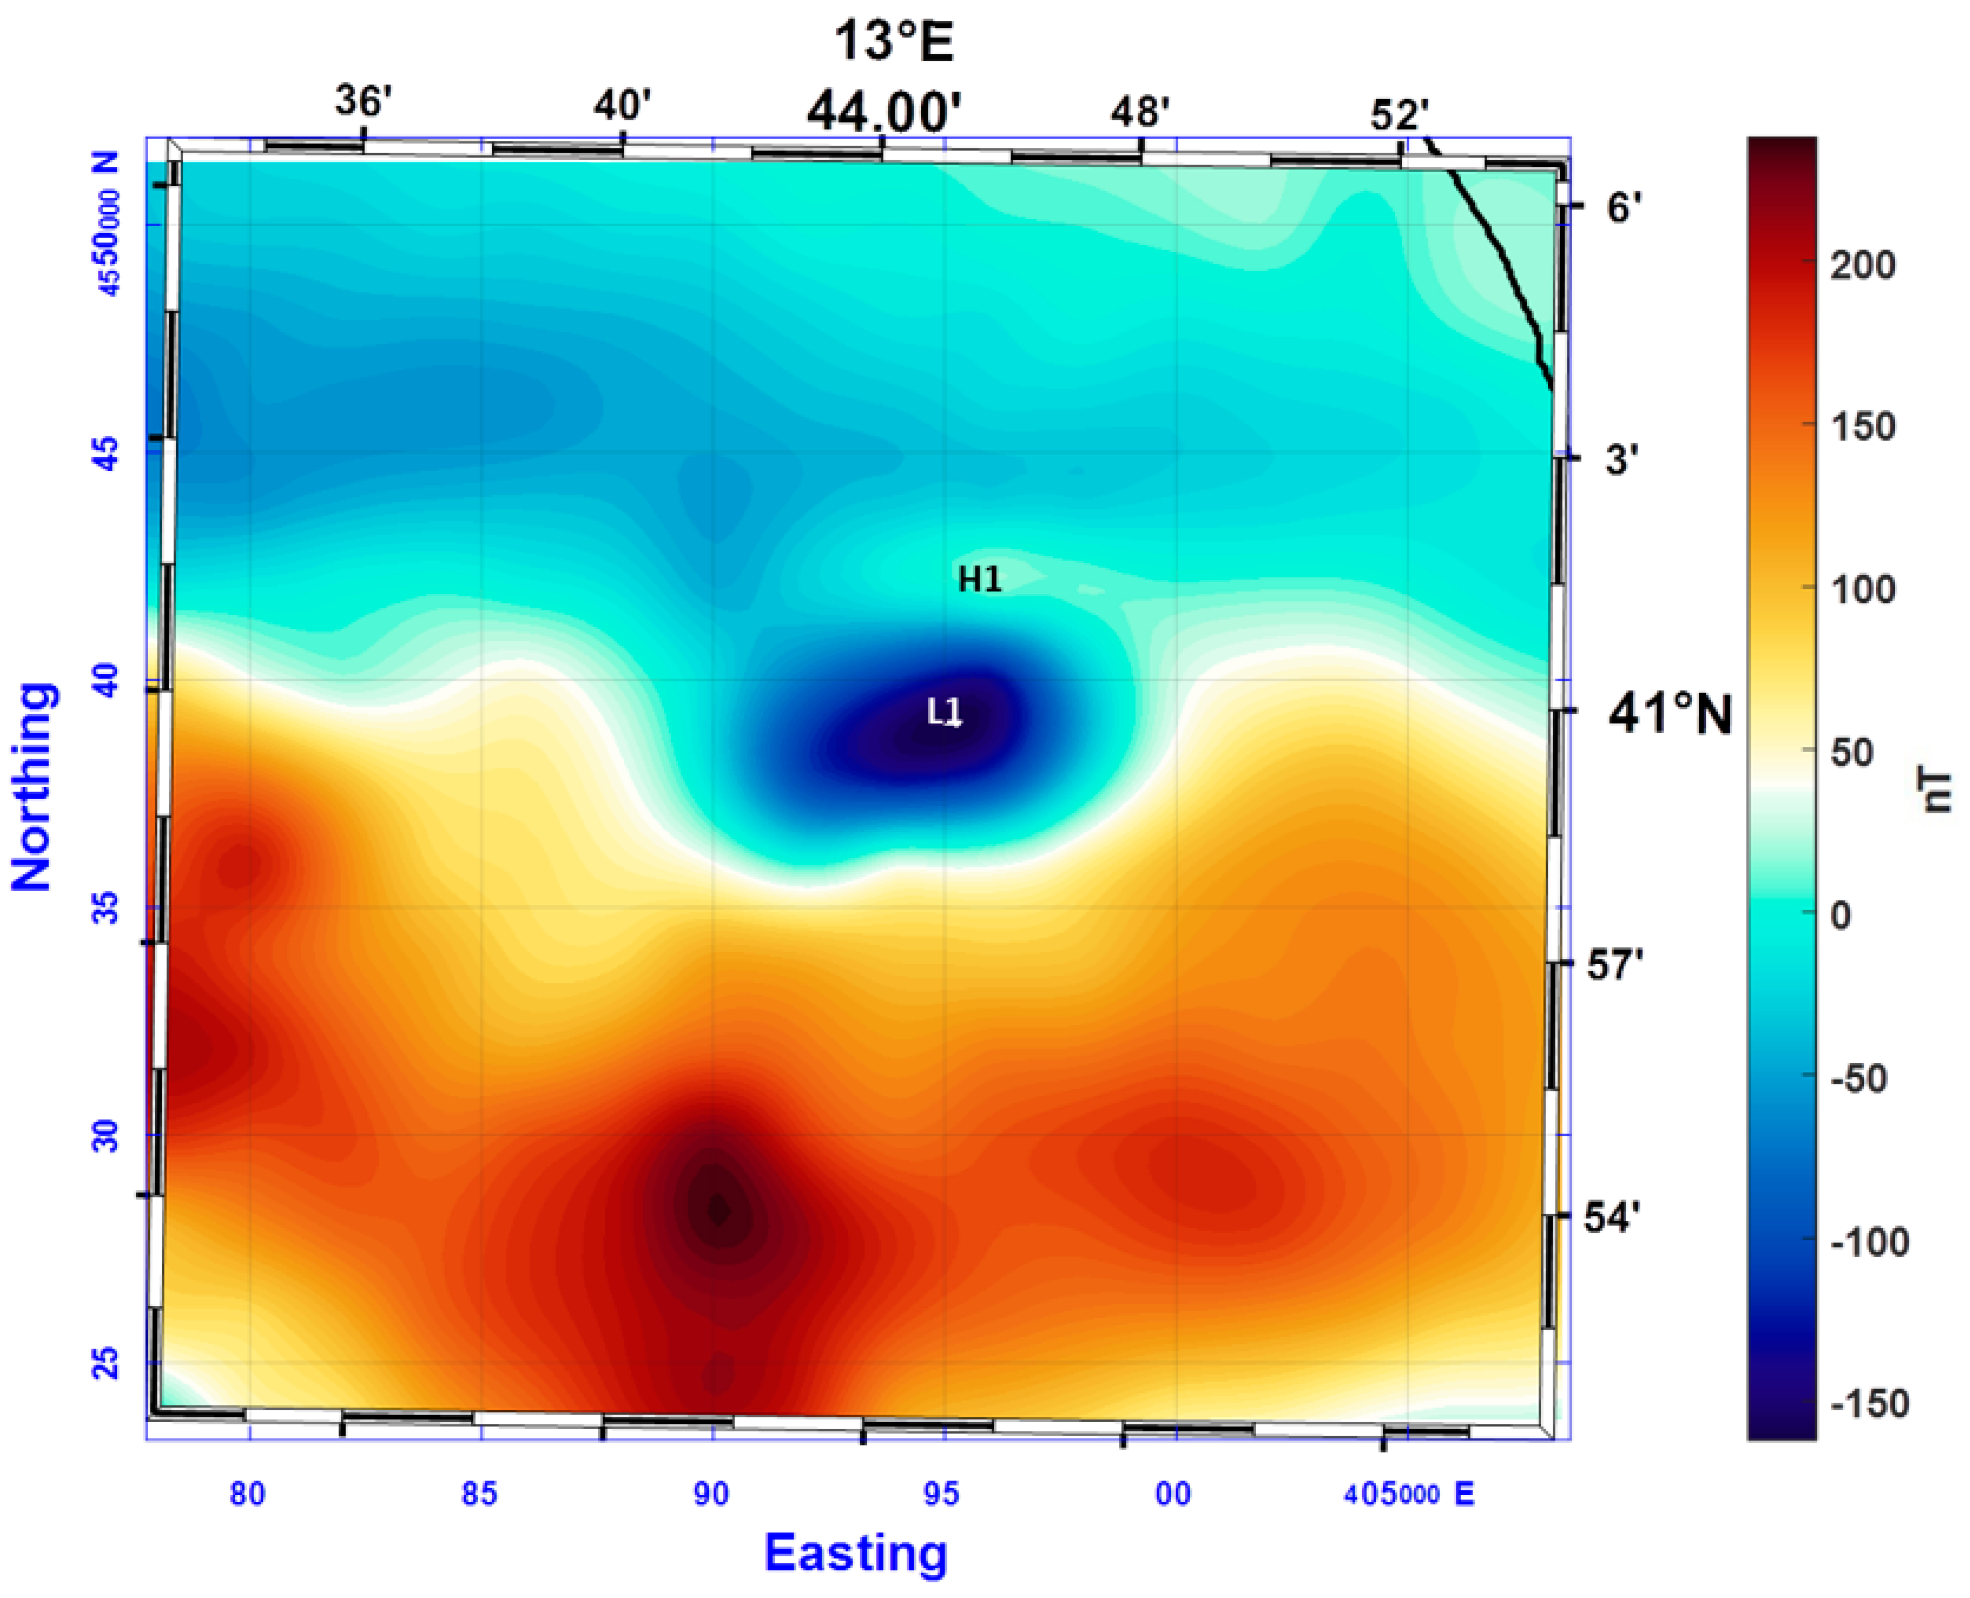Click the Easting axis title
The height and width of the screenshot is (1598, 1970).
point(855,1553)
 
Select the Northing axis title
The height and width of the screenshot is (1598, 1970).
point(33,787)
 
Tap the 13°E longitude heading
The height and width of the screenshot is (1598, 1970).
point(893,41)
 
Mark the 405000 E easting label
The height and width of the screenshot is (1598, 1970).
point(1408,1494)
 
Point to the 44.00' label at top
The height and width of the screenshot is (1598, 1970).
point(884,112)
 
